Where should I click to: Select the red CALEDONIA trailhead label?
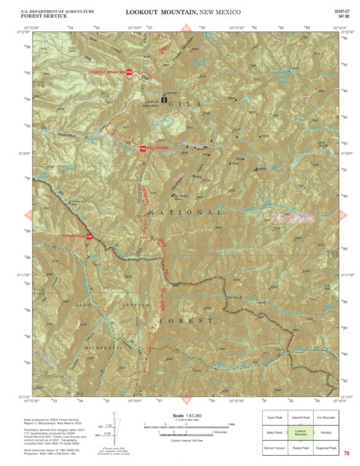(155, 148)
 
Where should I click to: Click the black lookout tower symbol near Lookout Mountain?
(164, 100)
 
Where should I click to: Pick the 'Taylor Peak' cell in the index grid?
(274, 418)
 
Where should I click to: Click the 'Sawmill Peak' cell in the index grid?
(300, 418)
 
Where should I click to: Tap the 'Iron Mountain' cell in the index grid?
(326, 418)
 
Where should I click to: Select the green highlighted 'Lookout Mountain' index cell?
(300, 433)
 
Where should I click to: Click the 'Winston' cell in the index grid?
(326, 433)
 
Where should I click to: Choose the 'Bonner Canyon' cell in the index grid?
(274, 448)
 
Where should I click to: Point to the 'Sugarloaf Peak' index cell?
(326, 448)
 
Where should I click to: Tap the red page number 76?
(345, 453)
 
